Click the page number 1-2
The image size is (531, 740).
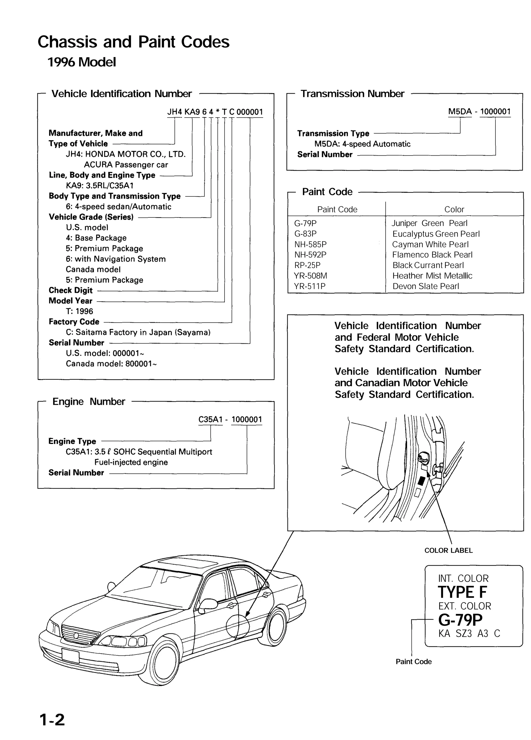point(52,720)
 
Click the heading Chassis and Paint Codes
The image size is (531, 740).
point(133,42)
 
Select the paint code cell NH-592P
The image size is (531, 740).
point(310,255)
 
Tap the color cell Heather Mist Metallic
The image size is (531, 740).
point(432,276)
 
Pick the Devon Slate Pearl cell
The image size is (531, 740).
point(425,286)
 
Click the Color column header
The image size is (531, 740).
point(454,209)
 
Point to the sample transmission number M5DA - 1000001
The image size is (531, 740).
point(479,112)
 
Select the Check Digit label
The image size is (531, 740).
point(71,290)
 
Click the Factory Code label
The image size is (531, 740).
point(74,322)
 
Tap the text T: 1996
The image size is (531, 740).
point(79,311)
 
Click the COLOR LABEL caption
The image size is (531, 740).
point(448,550)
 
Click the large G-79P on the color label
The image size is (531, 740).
point(460,620)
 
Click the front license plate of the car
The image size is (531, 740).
point(71,656)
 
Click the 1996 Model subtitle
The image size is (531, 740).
point(81,62)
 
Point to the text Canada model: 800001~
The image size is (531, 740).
point(111,364)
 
